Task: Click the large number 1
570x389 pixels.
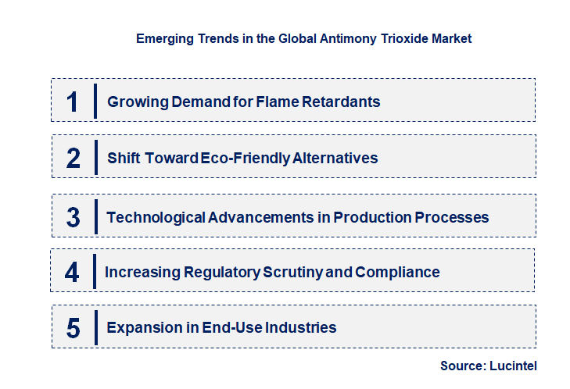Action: (x=73, y=102)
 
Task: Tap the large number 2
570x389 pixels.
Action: (x=73, y=159)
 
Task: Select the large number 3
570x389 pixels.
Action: (x=73, y=217)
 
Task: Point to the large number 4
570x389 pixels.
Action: (x=73, y=273)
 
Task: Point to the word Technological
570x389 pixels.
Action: (x=156, y=217)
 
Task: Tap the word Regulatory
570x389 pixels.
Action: (x=223, y=273)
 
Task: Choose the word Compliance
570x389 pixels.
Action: (x=397, y=273)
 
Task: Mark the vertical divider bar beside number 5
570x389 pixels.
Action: (x=95, y=327)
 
